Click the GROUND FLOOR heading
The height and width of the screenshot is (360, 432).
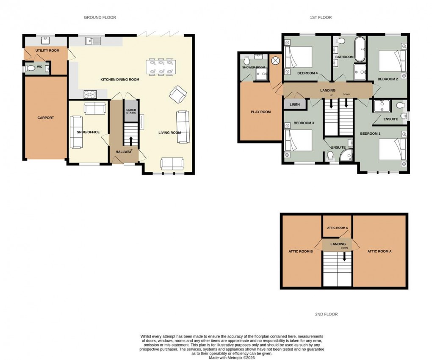[100, 17]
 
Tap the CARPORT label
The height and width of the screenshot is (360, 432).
[45, 118]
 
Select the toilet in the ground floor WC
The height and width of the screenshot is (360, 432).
[30, 68]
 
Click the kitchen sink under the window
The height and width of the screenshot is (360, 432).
[92, 41]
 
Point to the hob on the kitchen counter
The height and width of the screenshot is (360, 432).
[90, 94]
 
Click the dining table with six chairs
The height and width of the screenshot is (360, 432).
[160, 66]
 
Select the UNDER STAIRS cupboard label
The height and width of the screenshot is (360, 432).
[131, 111]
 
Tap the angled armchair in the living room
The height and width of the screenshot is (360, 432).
[177, 94]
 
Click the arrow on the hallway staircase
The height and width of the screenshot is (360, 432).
[131, 141]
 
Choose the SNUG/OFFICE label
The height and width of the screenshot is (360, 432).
[88, 132]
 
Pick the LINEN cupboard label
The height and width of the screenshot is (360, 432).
[294, 105]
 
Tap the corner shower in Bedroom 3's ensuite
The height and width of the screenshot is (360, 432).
[347, 155]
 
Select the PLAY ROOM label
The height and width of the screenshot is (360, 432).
[260, 112]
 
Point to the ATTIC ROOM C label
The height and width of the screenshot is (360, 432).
[337, 228]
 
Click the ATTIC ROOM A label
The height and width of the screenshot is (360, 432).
[379, 251]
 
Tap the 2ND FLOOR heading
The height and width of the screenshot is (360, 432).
[326, 314]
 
